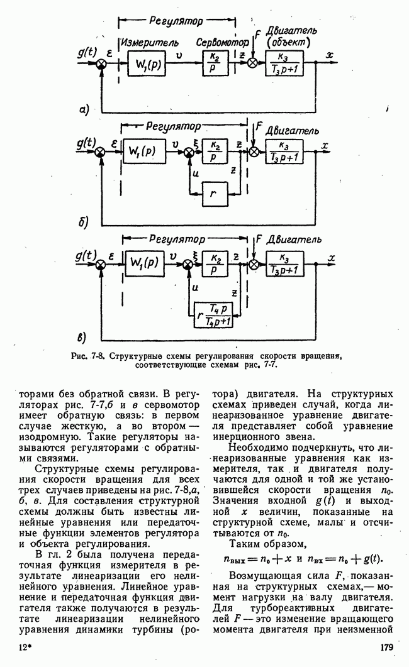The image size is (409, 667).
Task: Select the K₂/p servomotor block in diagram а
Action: pyautogui.click(x=215, y=63)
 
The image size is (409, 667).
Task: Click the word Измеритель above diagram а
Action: pyautogui.click(x=148, y=43)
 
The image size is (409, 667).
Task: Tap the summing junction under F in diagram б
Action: pyautogui.click(x=254, y=152)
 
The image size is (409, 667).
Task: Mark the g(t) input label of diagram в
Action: pyautogui.click(x=86, y=255)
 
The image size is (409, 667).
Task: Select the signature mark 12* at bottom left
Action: pyautogui.click(x=26, y=648)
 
